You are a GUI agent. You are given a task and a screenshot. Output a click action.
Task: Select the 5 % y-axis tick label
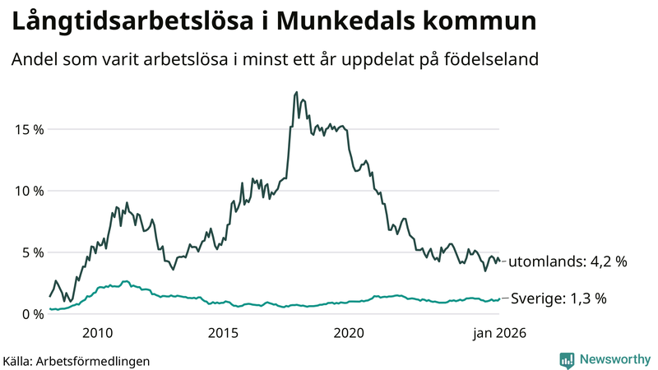30,252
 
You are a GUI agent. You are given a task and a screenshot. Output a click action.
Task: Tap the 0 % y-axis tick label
30,314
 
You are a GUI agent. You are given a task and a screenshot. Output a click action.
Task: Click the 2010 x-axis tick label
98,333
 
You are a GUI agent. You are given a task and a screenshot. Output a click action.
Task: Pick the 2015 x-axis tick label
224,333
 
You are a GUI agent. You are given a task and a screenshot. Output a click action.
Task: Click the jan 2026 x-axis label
497,333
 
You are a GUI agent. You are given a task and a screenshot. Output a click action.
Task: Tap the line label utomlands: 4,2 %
568,262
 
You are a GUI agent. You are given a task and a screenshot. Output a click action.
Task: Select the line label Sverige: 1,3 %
558,298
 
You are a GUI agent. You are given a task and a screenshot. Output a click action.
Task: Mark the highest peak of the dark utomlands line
296,92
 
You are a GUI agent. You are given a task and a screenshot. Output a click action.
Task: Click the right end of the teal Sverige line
499,298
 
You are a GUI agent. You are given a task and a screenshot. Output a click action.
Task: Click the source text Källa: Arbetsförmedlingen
76,361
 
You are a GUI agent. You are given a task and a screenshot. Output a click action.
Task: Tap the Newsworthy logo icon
567,360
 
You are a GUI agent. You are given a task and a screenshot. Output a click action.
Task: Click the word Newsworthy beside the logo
613,360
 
